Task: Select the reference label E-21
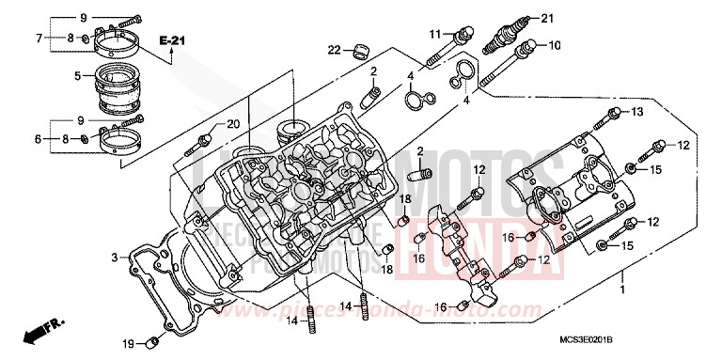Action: click(x=171, y=40)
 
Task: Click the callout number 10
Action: click(x=554, y=44)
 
